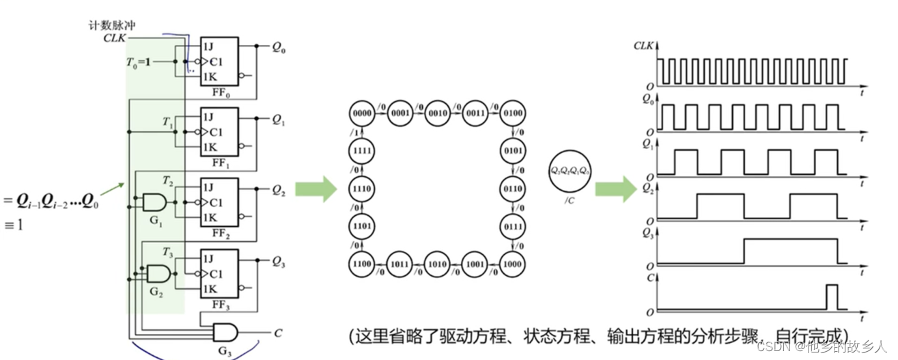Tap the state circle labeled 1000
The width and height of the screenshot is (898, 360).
tap(513, 262)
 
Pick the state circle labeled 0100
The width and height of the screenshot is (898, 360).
tap(513, 112)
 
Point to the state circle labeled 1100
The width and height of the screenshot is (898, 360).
tap(362, 262)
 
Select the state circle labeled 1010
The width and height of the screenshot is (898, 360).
tap(438, 262)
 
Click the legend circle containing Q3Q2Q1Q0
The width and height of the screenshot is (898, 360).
tap(570, 171)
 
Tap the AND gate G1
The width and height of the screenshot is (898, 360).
tap(154, 202)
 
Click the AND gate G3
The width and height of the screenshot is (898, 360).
tap(225, 333)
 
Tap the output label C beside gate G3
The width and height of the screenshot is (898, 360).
tap(278, 333)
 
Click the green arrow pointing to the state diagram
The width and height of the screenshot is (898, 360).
tap(316, 189)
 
